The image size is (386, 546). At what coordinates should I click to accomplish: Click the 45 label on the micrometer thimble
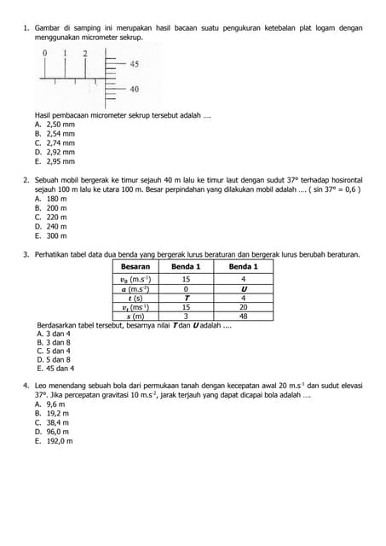point(135,64)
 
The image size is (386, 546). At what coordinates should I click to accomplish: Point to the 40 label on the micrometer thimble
point(135,89)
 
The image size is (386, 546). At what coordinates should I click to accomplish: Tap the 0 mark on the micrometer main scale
point(45,53)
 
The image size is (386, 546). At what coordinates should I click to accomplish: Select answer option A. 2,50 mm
point(55,125)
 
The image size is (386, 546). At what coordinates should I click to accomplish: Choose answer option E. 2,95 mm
point(55,160)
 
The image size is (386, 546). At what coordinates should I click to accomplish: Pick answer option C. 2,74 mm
point(55,142)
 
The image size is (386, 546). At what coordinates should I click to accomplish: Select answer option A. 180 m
point(50,199)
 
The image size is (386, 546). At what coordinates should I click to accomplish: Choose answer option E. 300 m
point(50,235)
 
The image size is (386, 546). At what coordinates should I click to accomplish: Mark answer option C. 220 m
point(50,217)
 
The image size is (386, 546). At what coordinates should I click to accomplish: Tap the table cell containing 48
point(243,316)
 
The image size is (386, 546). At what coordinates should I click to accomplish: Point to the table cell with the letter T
point(186,298)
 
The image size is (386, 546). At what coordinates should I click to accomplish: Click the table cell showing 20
point(243,307)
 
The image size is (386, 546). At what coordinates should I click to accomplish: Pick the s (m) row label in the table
point(135,316)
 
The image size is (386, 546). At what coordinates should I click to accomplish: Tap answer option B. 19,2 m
point(52,413)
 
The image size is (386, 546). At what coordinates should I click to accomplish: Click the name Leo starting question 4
point(42,386)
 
